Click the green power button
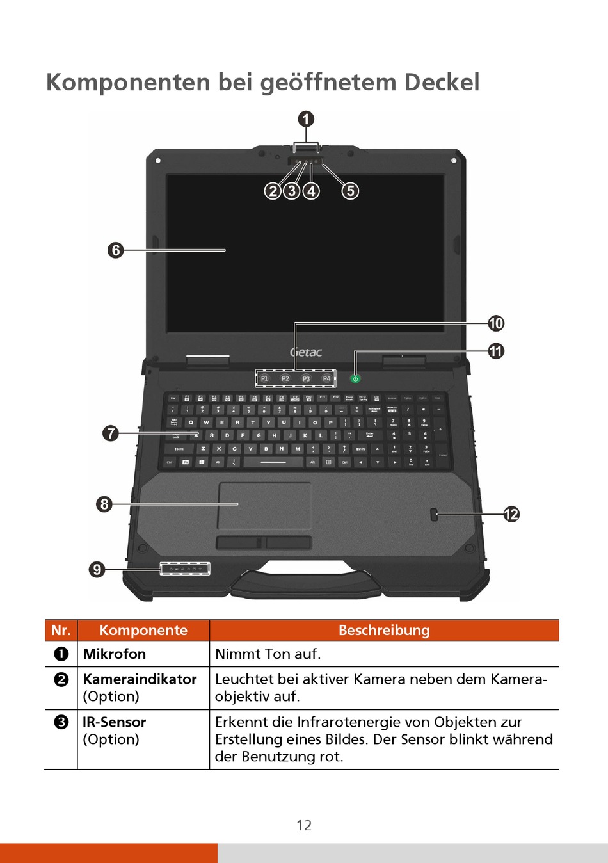tap(355, 379)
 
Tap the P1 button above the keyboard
tap(265, 379)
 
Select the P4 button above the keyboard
tap(326, 379)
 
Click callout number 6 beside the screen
tap(115, 250)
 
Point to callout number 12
tap(511, 514)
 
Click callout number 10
tap(496, 323)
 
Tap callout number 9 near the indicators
tap(97, 569)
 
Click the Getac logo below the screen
tap(306, 352)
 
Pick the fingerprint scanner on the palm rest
tap(434, 515)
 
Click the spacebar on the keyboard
tap(273, 462)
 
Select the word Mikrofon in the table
tap(115, 654)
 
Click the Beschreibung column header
tap(384, 631)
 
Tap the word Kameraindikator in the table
tap(140, 679)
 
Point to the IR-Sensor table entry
tap(115, 722)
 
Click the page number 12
tap(304, 826)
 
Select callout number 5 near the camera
tap(350, 191)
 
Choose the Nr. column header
tap(61, 631)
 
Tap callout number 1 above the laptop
tap(306, 119)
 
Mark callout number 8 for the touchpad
tap(104, 504)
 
